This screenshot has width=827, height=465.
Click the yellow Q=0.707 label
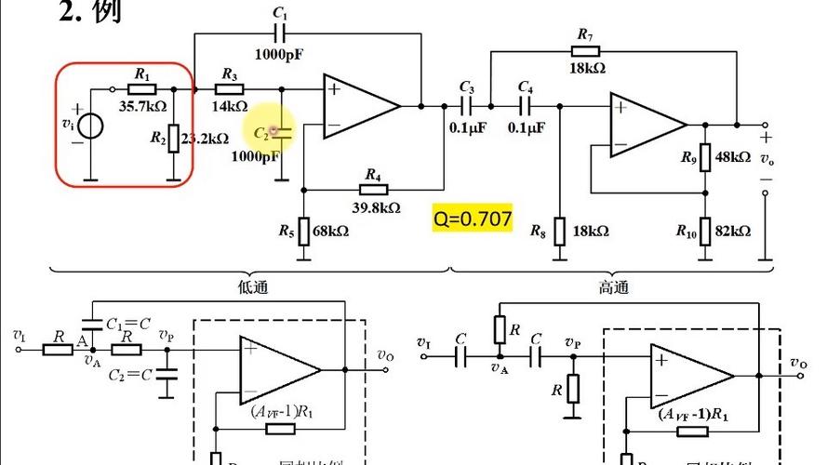point(473,219)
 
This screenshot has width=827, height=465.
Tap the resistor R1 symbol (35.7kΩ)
point(141,89)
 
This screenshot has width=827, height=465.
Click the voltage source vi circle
point(90,124)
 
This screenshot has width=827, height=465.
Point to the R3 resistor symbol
point(229,89)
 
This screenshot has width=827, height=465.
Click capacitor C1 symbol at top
point(280,33)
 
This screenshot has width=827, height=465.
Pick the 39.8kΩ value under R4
point(376,207)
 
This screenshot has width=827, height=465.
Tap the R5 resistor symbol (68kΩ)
point(302,231)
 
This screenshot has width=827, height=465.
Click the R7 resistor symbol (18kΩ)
point(586,51)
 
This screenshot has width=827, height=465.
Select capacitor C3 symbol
point(467,104)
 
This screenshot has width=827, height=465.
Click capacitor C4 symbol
point(526,104)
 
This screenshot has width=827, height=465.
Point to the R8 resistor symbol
point(559,230)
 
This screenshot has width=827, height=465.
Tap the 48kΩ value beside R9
point(733,157)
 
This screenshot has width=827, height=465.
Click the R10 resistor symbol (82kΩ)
point(704,230)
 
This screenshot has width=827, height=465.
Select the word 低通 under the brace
point(253,287)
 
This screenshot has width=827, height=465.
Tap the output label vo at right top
point(766,159)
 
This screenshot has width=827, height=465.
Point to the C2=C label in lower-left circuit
point(127,376)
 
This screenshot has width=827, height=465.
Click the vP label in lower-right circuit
point(573,341)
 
